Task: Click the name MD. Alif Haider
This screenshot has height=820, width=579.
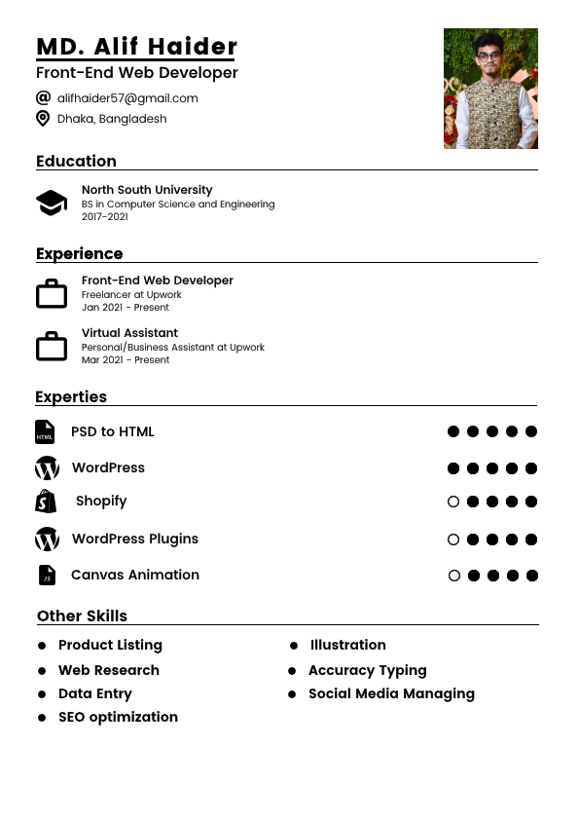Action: pos(136,47)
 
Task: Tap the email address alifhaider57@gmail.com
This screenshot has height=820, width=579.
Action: pos(127,98)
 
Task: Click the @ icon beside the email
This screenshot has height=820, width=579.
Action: pos(43,97)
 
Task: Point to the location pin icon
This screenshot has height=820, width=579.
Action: pos(43,119)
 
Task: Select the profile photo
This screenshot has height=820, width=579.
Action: pos(490,89)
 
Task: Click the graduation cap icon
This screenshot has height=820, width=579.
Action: pos(52,203)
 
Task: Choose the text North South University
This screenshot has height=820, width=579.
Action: pos(147,190)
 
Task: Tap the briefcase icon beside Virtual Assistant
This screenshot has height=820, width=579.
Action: pos(52,346)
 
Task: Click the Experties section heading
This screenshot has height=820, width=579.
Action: pos(71,396)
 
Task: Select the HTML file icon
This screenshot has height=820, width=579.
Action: pos(45,432)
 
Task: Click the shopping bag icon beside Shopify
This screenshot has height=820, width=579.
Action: pos(46,502)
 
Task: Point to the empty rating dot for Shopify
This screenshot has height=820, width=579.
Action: pos(453,503)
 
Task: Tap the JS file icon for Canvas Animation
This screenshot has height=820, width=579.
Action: pos(47,576)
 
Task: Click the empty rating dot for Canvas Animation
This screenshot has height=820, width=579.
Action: pos(454,576)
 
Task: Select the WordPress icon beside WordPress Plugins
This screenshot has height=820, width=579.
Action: pos(47,540)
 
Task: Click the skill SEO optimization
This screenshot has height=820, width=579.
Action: pos(118,717)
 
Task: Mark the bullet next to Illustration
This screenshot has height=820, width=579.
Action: pos(294,646)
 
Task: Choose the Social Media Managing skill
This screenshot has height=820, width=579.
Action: pos(391,693)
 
